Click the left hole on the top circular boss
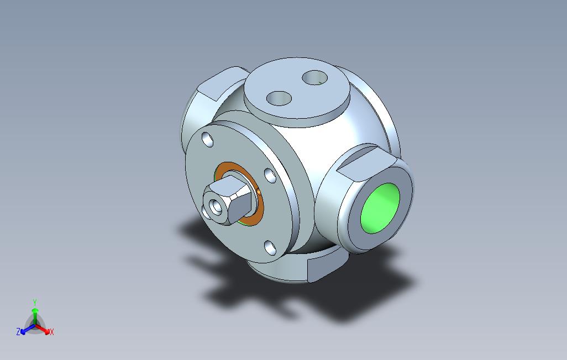[x=279, y=98]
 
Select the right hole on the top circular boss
[x=314, y=78]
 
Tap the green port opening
[x=380, y=208]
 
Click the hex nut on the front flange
[x=227, y=200]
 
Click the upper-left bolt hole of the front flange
[x=208, y=139]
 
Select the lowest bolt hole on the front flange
[x=270, y=247]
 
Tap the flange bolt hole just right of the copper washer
[x=270, y=175]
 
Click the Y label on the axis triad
[x=35, y=302]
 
